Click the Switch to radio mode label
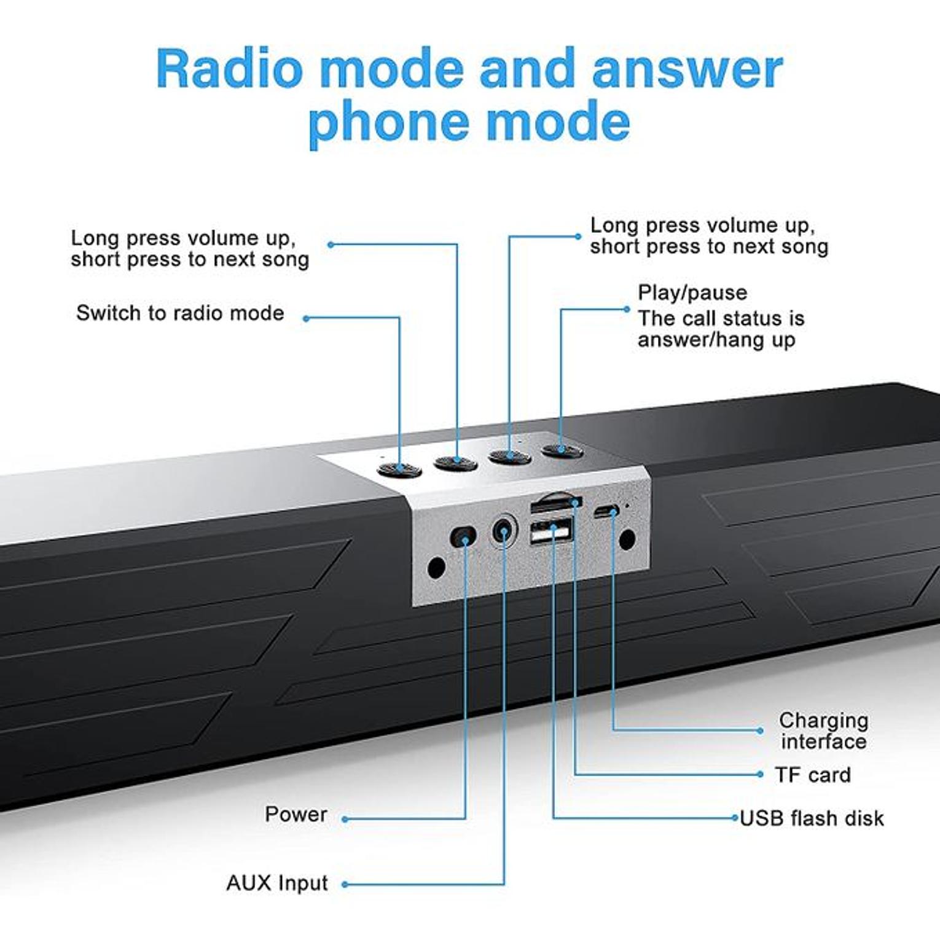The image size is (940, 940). [180, 313]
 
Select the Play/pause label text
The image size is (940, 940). [692, 292]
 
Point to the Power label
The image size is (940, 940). [296, 815]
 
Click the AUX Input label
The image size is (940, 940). [277, 883]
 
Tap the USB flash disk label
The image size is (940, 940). [812, 818]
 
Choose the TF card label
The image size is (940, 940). [812, 775]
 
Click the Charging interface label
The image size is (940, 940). [823, 731]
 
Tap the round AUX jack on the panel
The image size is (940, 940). [503, 530]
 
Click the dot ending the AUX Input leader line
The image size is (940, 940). [345, 885]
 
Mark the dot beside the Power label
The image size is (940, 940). [345, 819]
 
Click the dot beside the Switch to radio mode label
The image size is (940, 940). [306, 318]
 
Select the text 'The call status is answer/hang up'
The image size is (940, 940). [720, 329]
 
